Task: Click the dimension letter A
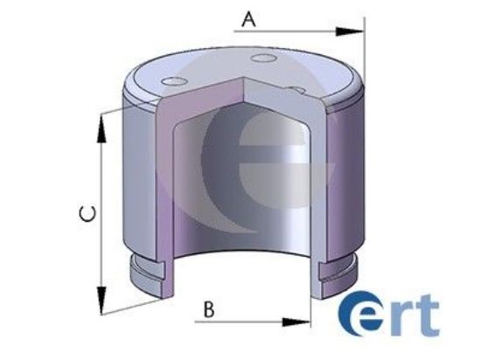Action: point(249,17)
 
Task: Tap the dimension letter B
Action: point(208,308)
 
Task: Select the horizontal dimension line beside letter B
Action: point(254,320)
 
